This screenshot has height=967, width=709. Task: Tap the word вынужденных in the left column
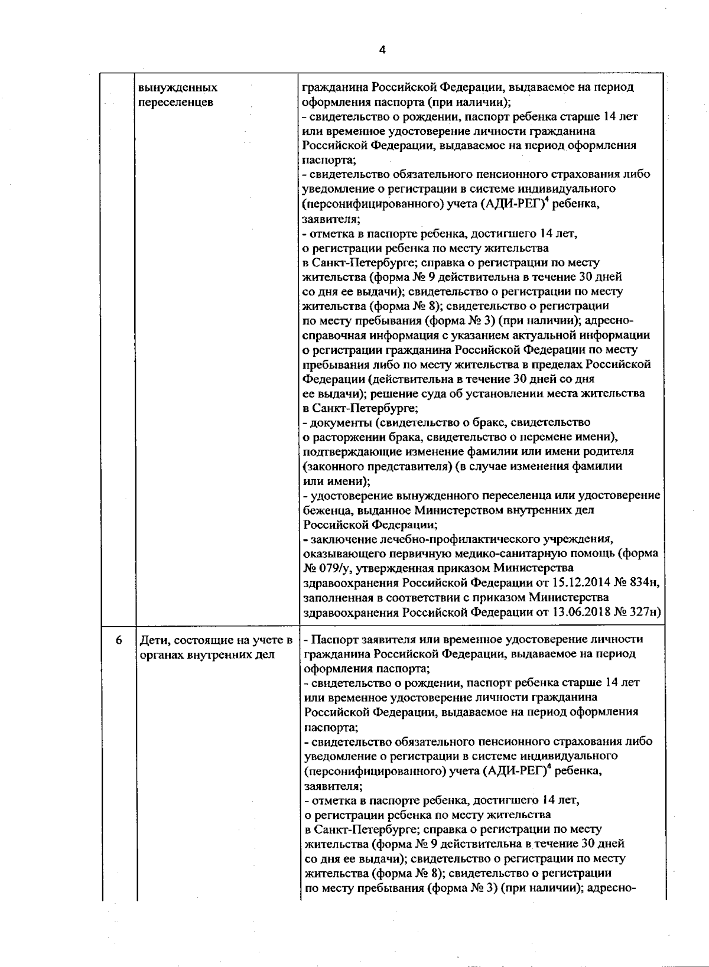178,88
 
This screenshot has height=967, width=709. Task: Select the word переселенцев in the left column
175,102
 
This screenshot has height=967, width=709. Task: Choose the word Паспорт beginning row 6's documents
331,640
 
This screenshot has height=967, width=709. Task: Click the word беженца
324,510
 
